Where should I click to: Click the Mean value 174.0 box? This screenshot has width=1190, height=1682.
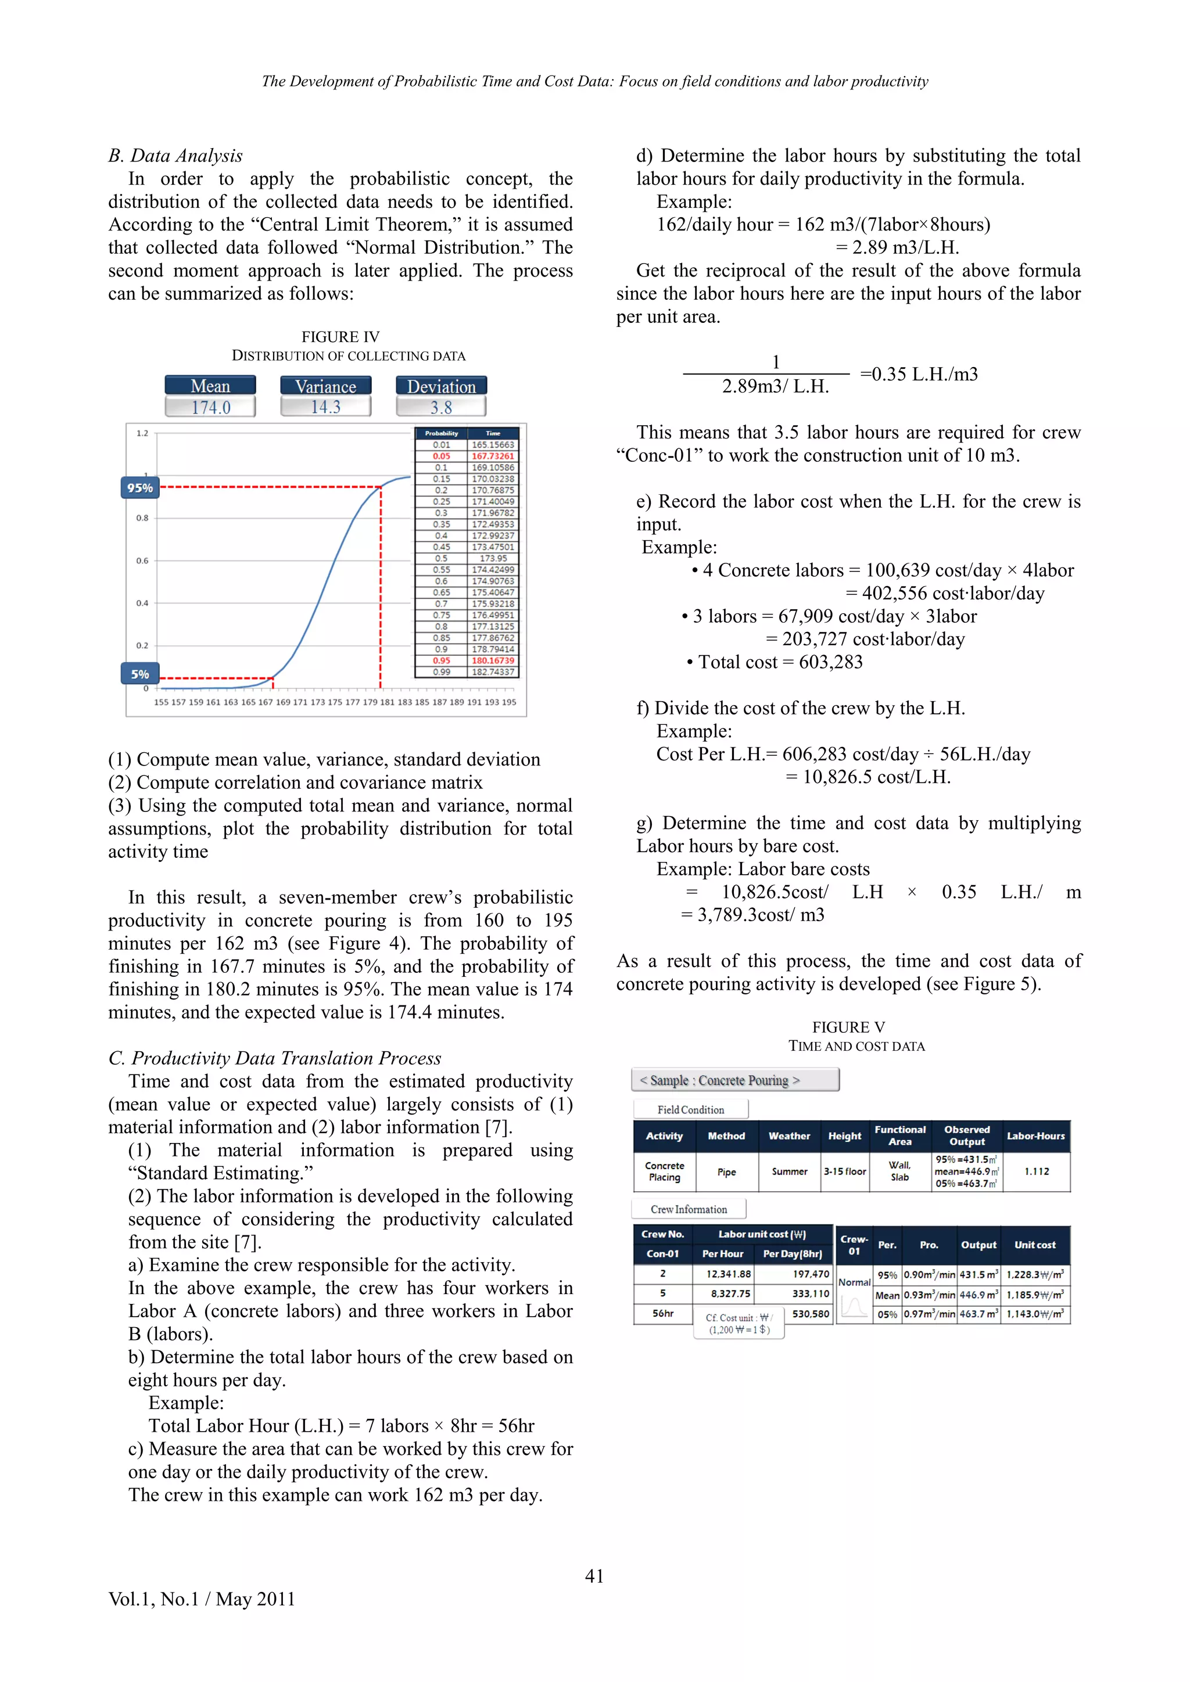click(x=210, y=407)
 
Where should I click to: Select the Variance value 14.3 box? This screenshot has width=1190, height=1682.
click(x=325, y=407)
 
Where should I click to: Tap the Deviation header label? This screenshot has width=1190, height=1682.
click(x=441, y=386)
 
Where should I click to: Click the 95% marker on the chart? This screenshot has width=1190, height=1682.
click(x=140, y=488)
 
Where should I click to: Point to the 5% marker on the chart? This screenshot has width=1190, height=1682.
click(x=140, y=674)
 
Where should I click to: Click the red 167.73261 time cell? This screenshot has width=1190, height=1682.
click(x=492, y=456)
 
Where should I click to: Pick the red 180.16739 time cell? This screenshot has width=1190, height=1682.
click(x=492, y=660)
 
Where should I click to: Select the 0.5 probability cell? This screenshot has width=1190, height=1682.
click(x=441, y=558)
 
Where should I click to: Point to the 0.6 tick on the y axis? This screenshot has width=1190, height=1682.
click(x=142, y=560)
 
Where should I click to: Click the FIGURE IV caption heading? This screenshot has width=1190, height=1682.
click(x=340, y=337)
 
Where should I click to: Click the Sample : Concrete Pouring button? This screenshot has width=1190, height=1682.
click(x=735, y=1080)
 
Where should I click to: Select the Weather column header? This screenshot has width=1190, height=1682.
click(x=789, y=1135)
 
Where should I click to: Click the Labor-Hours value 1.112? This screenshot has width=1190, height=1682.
click(x=1036, y=1171)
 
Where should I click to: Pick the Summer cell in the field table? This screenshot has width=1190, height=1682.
click(x=789, y=1171)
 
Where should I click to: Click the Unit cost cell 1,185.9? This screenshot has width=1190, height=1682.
click(x=1035, y=1295)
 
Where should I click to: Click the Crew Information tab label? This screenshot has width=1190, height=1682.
click(x=689, y=1209)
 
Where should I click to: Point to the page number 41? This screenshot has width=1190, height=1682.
click(x=594, y=1576)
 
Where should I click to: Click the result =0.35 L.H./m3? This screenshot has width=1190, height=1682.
click(x=919, y=375)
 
